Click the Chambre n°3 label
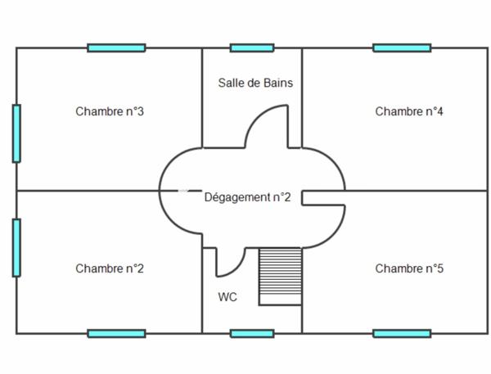pos(110,111)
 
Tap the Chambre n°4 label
pos(409,111)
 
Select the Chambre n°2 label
pos(110,268)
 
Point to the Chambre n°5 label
pos(409,268)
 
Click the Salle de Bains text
pos(255,83)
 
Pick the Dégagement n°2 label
pos(247,197)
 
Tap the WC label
pos(227,297)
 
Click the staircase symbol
pos(281,277)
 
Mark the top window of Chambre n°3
pos(116,48)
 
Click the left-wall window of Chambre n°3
pos(16,133)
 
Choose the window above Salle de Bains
pos(252,48)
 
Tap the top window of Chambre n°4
pos(402,48)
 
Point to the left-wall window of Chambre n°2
pos(16,247)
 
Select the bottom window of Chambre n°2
pos(116,333)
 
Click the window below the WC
pos(252,333)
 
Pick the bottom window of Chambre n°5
pos(402,333)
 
